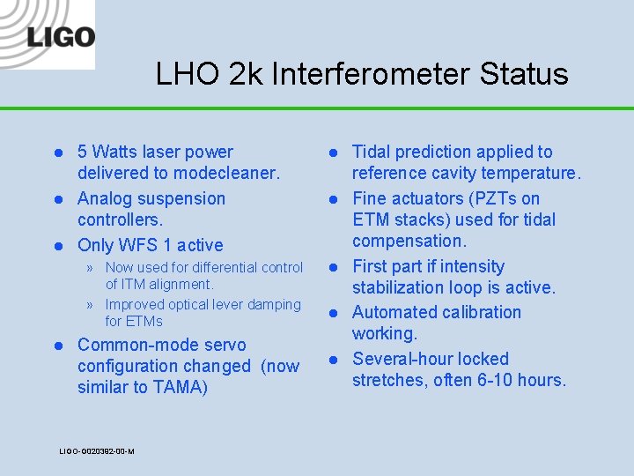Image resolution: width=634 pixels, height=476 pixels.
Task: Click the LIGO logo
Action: pyautogui.click(x=48, y=35)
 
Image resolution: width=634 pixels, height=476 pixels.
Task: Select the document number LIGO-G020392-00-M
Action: pyautogui.click(x=97, y=451)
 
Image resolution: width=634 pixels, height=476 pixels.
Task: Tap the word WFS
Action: pyautogui.click(x=141, y=245)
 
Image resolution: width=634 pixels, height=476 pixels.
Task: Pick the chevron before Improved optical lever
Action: pyautogui.click(x=91, y=305)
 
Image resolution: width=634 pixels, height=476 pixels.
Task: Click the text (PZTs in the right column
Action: pyautogui.click(x=488, y=198)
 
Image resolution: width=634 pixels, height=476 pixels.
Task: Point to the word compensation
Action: pyautogui.click(x=408, y=241)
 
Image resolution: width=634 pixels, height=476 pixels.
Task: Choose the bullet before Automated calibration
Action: pyautogui.click(x=335, y=313)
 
